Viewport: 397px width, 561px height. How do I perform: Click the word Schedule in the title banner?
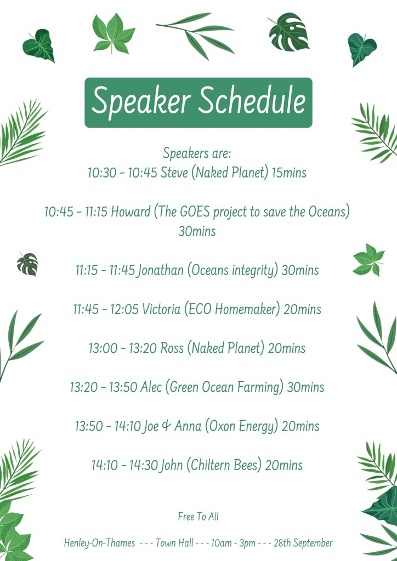point(252,100)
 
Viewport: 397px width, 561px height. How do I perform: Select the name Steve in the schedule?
point(174,173)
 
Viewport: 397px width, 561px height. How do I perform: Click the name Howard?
point(131,211)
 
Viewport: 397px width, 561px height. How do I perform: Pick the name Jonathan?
point(161,270)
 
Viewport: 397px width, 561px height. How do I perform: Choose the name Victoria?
point(161,309)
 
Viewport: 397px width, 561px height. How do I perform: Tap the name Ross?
point(172,348)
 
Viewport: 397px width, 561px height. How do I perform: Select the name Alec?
point(151,387)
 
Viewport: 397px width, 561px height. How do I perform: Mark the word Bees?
point(246,465)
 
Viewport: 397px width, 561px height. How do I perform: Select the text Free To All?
point(198,516)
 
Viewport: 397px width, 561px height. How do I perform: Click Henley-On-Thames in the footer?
point(99,543)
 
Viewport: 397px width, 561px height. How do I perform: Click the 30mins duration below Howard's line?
point(197,231)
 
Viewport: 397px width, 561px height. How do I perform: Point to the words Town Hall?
point(174,543)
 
